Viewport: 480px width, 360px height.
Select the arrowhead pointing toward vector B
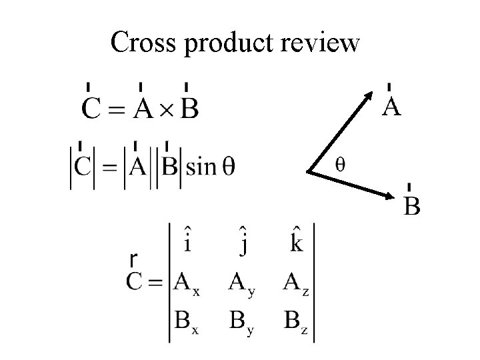pos(393,196)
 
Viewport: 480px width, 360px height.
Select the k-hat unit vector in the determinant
pos(295,241)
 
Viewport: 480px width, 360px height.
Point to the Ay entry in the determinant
pos(242,285)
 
